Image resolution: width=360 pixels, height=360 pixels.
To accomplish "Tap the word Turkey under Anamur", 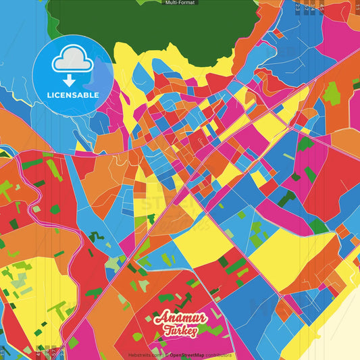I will [x=180, y=332].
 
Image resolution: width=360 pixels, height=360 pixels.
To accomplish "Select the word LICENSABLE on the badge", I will [x=73, y=95].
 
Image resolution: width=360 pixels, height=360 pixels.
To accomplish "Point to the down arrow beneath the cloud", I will [x=73, y=79].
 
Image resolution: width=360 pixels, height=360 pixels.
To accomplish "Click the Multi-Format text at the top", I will [x=180, y=3].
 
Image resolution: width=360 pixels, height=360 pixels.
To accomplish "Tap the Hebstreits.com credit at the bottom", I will [x=145, y=355].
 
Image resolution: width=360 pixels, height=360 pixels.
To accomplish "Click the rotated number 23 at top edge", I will [x=297, y=8].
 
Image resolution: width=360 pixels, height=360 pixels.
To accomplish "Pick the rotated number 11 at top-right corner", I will [x=356, y=7].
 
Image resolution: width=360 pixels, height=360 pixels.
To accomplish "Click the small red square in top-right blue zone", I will [x=278, y=32].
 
